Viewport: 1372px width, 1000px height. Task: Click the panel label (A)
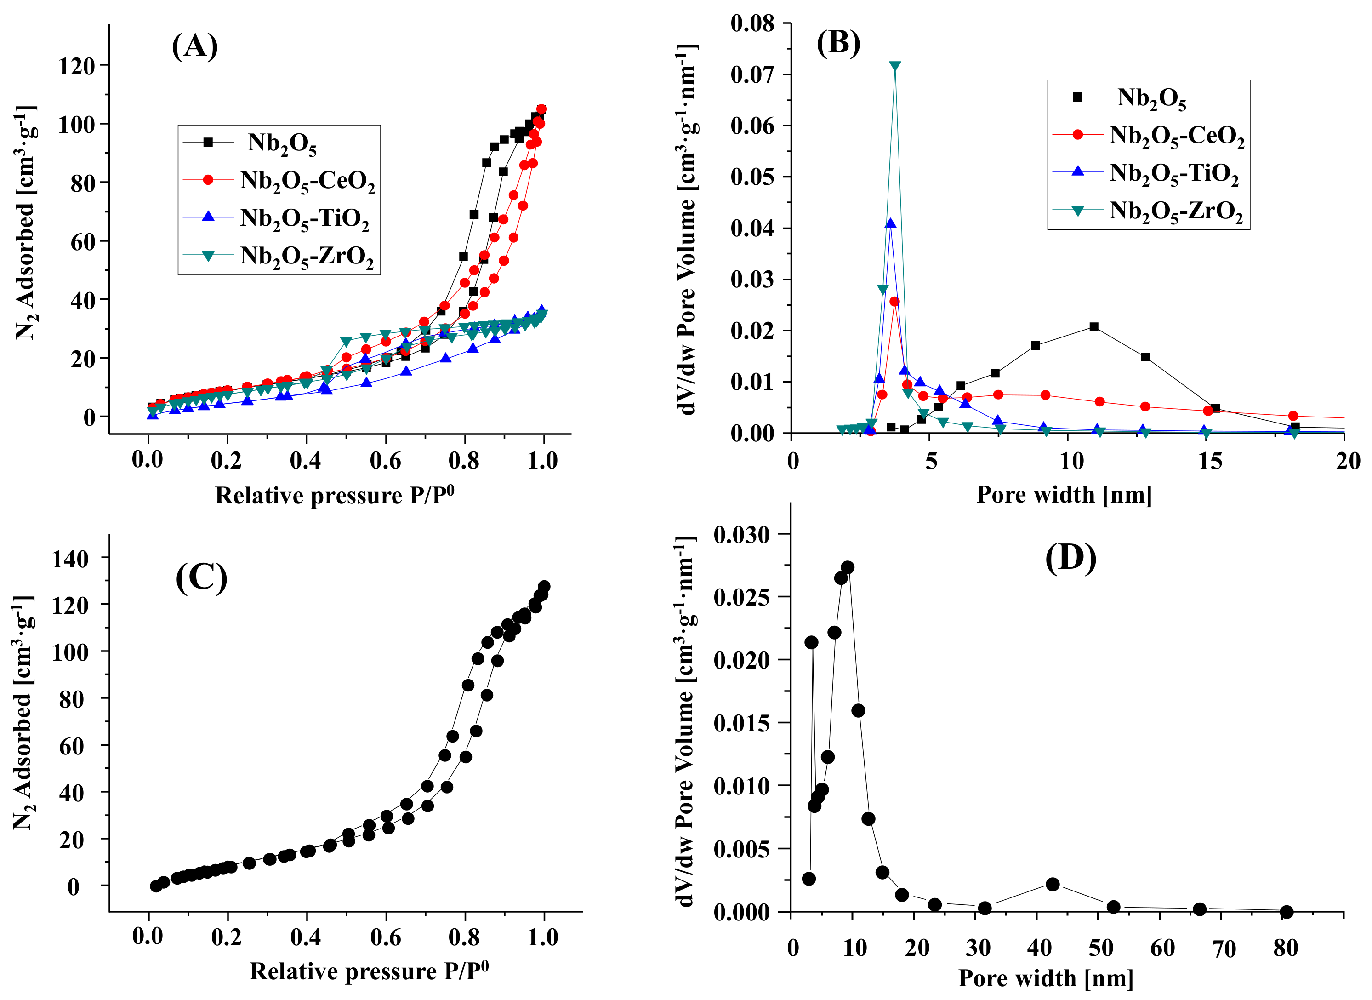pyautogui.click(x=194, y=46)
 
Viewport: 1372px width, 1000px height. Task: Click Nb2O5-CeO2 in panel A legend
pyautogui.click(x=307, y=181)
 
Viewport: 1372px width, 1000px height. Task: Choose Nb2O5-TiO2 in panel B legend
pyautogui.click(x=1173, y=173)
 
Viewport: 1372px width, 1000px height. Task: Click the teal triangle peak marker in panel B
pyautogui.click(x=894, y=66)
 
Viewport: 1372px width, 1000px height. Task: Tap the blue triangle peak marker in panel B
pyautogui.click(x=890, y=223)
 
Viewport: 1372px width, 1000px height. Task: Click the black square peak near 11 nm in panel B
pyautogui.click(x=1093, y=327)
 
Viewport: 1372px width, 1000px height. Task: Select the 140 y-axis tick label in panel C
pyautogui.click(x=70, y=559)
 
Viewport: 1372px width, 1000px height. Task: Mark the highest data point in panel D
pyautogui.click(x=847, y=567)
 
